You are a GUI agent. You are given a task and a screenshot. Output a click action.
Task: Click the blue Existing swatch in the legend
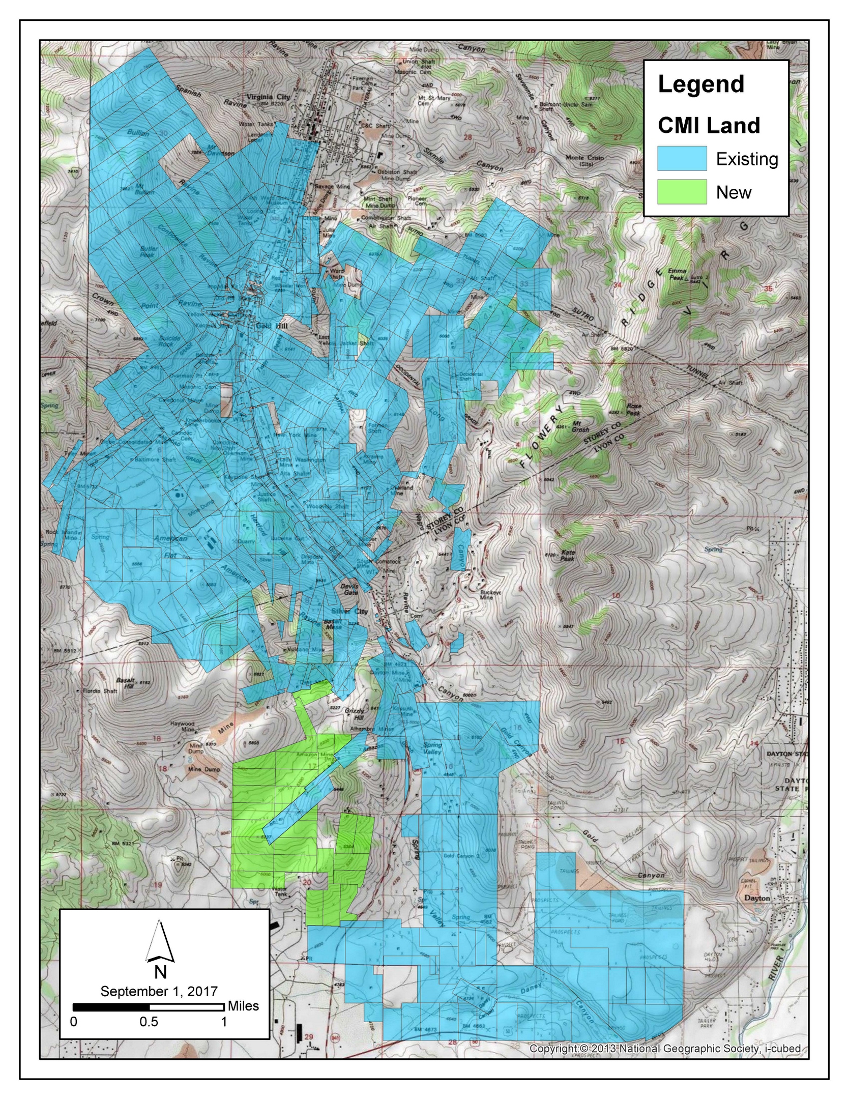(x=682, y=158)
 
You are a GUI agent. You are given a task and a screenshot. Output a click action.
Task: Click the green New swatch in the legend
(x=682, y=192)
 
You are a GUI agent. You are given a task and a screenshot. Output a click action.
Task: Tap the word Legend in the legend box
(x=700, y=84)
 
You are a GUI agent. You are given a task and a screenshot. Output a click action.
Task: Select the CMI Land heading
(x=709, y=125)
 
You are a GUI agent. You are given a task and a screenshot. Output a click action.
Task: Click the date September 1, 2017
(x=159, y=991)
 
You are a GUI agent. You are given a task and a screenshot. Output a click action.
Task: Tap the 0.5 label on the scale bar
(x=149, y=1021)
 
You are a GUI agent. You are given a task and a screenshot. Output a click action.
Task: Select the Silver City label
(x=349, y=611)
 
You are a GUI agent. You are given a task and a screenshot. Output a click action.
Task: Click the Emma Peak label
(x=677, y=274)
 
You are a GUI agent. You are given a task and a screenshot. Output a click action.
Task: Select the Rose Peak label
(x=634, y=409)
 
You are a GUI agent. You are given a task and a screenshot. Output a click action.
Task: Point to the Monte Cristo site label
(x=584, y=160)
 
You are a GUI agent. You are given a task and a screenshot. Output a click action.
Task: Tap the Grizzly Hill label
(x=354, y=714)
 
